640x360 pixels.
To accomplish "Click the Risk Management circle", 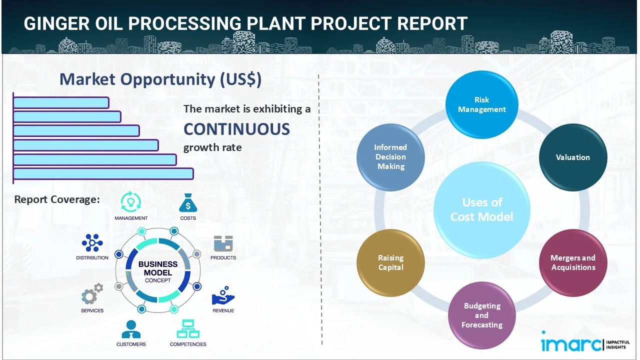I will pos(481,104).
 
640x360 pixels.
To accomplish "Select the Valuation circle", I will pos(572,157).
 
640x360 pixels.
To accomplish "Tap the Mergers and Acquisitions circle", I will pos(572,262).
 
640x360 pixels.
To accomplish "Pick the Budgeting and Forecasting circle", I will pos(481,315).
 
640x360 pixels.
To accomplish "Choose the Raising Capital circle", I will pos(390,262).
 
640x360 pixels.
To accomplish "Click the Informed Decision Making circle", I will pos(390,157).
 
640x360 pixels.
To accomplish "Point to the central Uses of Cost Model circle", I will pos(481,209).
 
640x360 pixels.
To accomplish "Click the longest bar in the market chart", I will pos(103,173).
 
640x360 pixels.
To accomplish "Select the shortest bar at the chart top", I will pos(61,102).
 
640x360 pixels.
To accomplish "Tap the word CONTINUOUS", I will pos(236,129).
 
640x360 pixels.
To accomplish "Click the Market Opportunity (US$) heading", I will pos(160,79).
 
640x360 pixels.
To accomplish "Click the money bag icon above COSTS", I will pos(188,203).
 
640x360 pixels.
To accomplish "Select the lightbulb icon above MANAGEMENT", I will pos(130,202).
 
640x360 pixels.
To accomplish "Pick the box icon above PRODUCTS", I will pos(223,244).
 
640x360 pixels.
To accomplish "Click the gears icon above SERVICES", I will pos(92,295).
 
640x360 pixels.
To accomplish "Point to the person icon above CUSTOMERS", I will pos(131,329).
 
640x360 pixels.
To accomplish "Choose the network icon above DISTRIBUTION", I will pos(92,243).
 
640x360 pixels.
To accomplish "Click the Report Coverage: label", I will pos(57,199).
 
